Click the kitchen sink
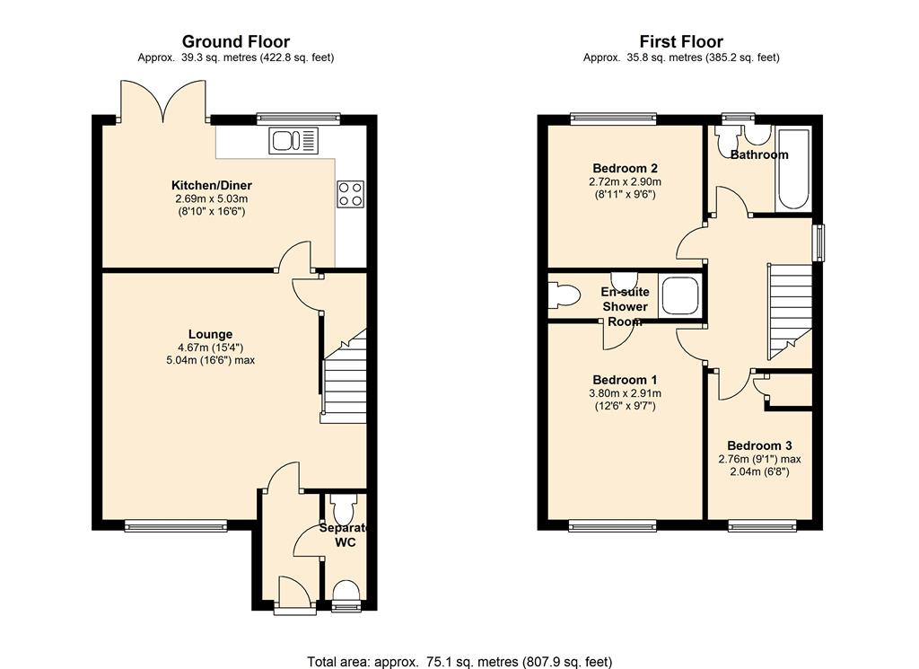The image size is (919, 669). tap(293, 141)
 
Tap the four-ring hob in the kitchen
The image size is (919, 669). tap(351, 194)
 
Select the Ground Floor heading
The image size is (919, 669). tap(236, 41)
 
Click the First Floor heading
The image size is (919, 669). tap(681, 41)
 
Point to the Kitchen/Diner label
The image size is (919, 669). tap(212, 185)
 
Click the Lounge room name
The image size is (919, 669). tap(210, 334)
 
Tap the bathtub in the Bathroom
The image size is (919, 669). tap(793, 170)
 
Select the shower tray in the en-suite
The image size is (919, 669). tap(680, 296)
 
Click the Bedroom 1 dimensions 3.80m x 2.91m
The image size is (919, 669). tap(625, 393)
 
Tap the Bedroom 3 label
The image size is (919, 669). tap(759, 445)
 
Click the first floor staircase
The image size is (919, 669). tap(790, 312)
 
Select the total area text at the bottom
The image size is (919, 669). tap(459, 662)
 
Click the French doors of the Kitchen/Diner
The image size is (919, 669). tap(164, 101)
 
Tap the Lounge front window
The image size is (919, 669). tap(176, 526)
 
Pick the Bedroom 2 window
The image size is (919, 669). tap(614, 118)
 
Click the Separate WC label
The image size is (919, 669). tap(346, 535)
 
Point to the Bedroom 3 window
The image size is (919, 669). tap(763, 526)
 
